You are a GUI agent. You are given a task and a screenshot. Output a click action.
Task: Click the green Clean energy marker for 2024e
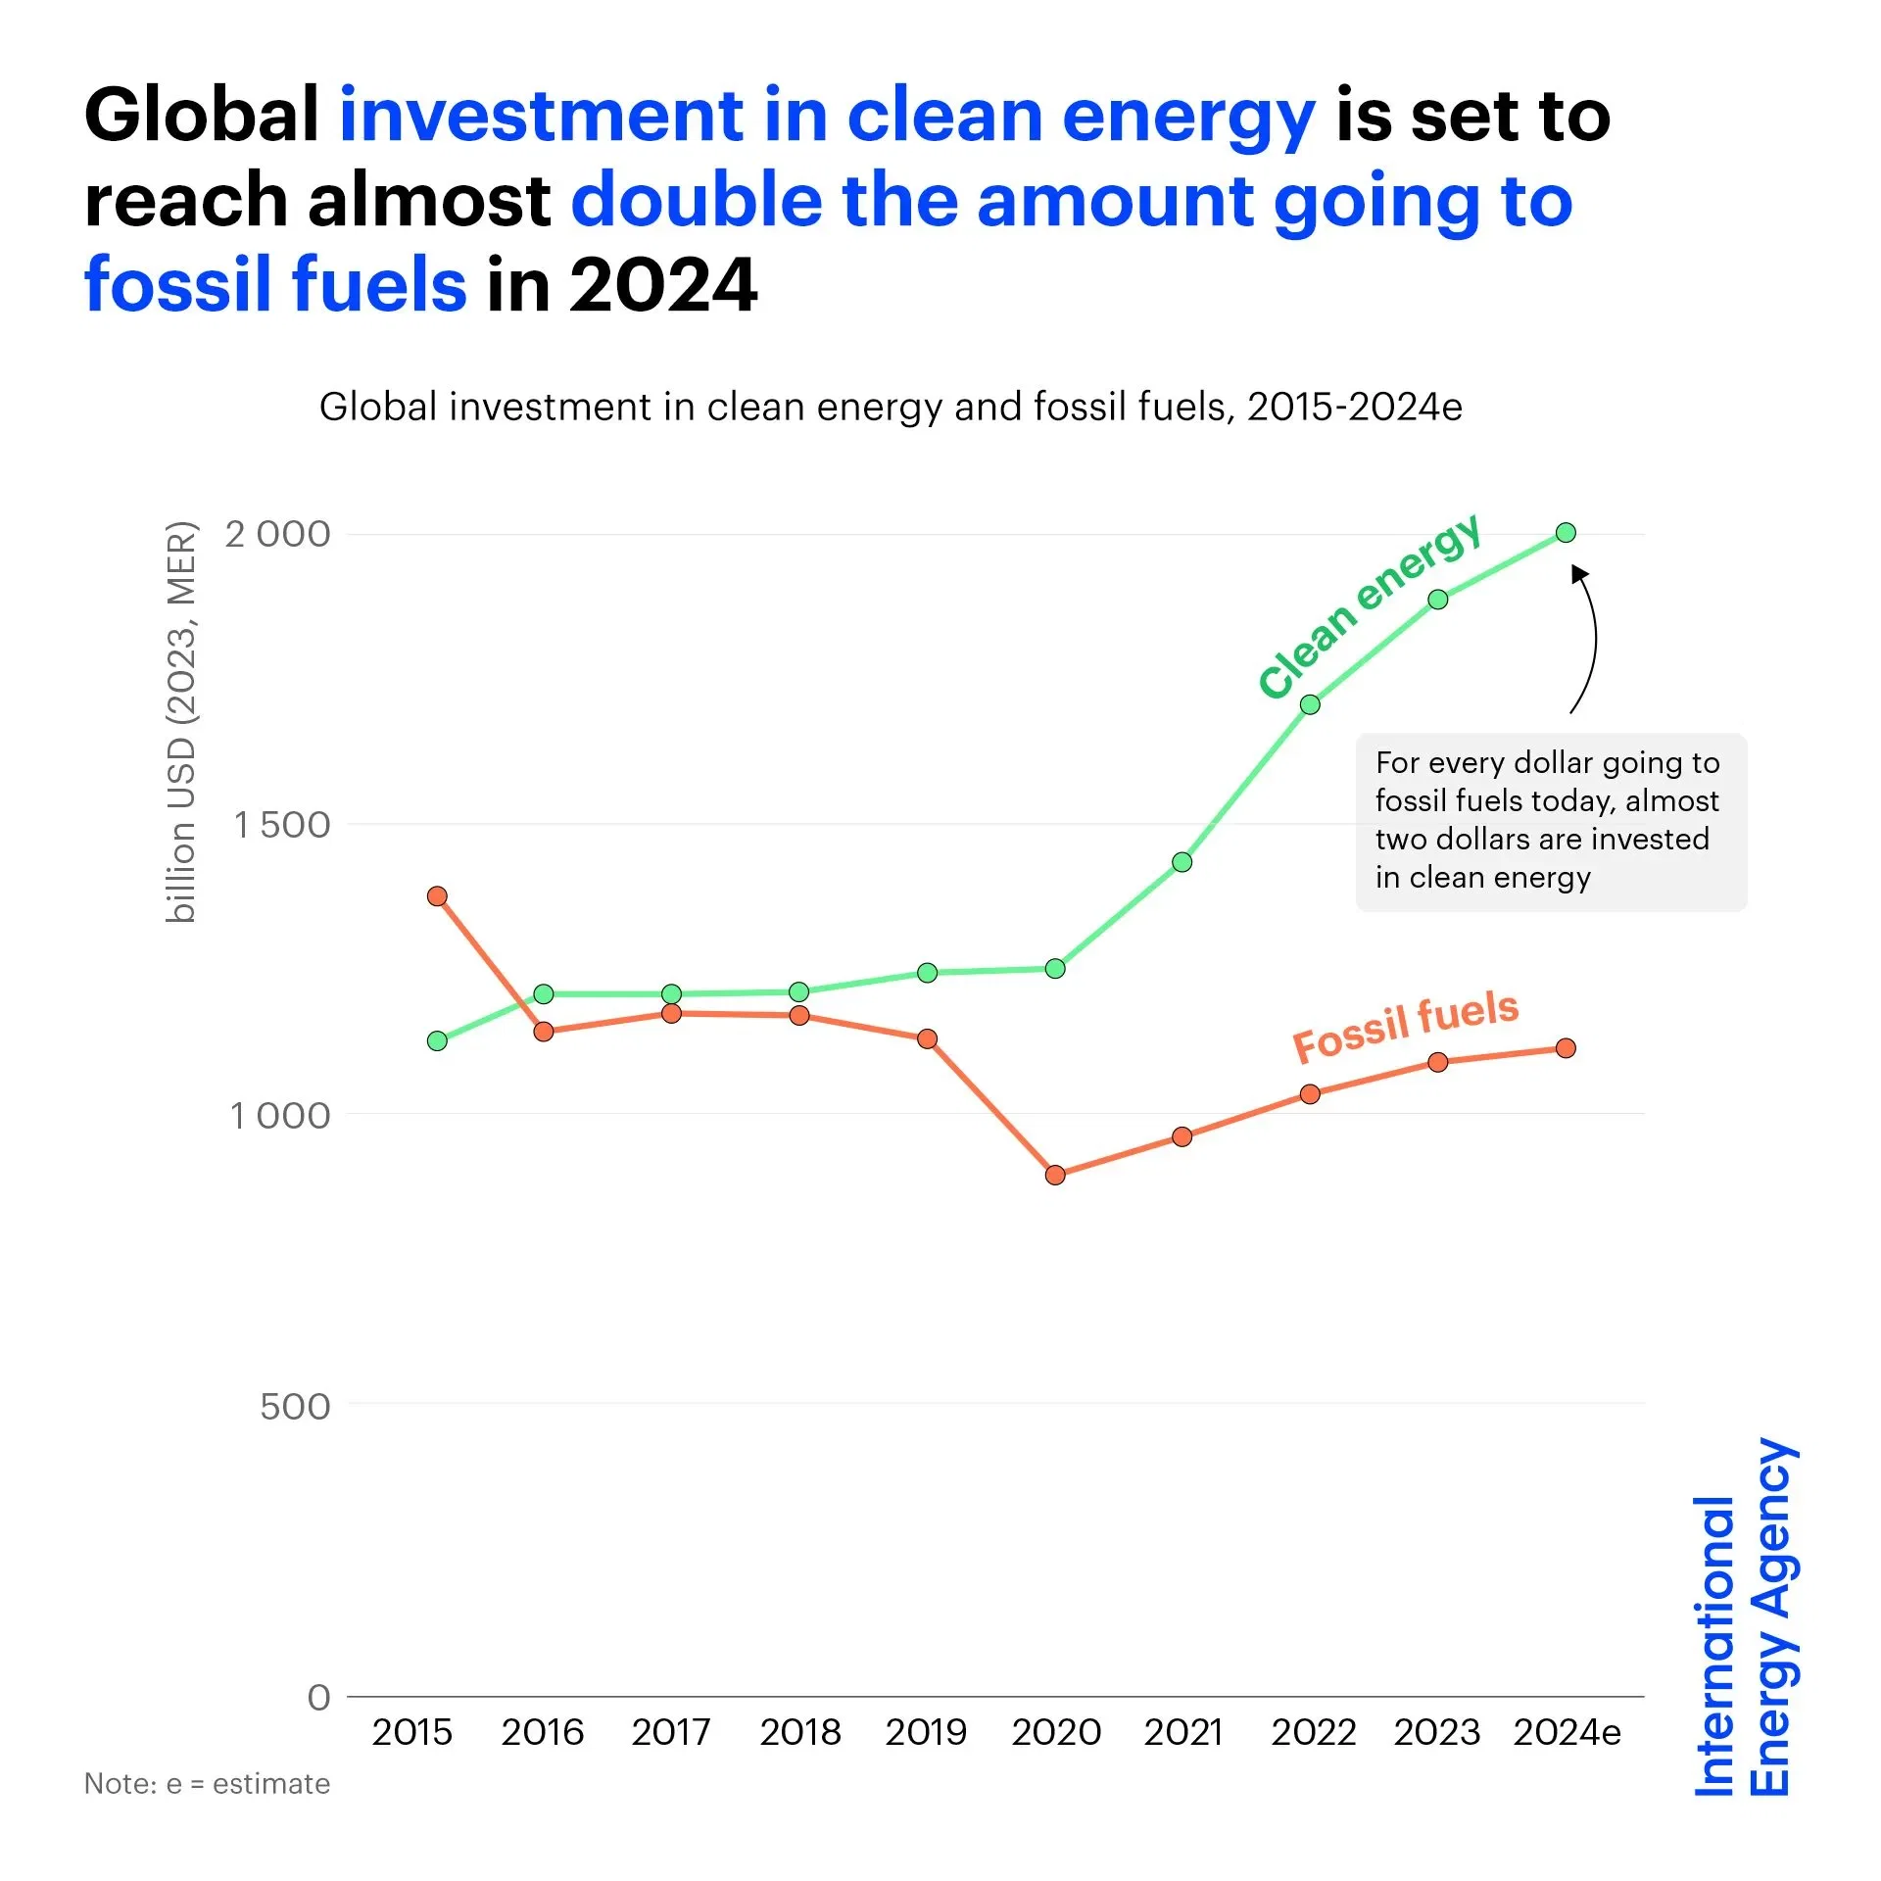1566,533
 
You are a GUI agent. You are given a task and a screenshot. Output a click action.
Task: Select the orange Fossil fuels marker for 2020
1055,1175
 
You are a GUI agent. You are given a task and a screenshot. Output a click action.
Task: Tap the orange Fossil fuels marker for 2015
438,896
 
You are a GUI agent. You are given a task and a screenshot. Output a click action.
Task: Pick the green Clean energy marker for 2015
438,1040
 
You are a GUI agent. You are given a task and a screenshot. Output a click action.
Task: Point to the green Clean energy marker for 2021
1182,862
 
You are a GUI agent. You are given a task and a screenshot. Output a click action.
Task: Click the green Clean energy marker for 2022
1310,704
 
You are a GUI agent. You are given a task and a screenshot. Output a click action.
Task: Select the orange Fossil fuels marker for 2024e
1566,1048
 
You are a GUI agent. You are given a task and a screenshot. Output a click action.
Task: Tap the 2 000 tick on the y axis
278,535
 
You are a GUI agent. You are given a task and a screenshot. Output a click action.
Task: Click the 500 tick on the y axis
295,1407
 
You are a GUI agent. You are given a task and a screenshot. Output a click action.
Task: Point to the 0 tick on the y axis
319,1697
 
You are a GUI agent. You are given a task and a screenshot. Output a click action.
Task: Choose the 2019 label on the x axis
926,1733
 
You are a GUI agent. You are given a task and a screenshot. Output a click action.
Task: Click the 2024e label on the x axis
1567,1733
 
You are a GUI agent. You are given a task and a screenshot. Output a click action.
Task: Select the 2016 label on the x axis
542,1733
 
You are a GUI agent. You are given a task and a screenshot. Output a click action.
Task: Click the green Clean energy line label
1369,605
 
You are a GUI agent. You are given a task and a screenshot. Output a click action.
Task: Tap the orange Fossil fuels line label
1406,1026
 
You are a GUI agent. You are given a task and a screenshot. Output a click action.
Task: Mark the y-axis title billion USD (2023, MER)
182,722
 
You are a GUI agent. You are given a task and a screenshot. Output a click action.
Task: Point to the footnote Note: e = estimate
207,1784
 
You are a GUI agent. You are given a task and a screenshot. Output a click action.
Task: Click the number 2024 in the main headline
663,285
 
